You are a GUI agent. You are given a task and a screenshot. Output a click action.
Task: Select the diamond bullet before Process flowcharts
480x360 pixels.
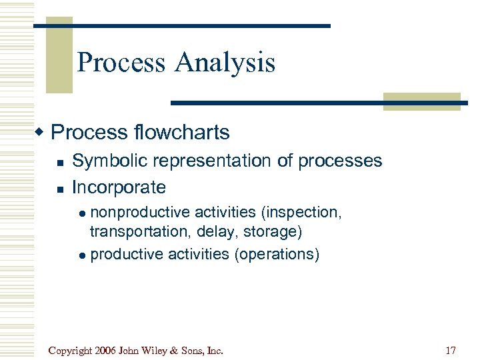[41, 131]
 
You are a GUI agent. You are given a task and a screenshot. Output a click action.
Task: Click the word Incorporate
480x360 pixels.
[119, 187]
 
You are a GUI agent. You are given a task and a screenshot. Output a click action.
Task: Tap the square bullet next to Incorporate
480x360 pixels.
[60, 189]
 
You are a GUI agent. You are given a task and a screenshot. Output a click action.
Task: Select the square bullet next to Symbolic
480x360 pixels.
[60, 163]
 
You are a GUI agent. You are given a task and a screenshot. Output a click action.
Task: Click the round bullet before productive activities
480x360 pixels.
[83, 255]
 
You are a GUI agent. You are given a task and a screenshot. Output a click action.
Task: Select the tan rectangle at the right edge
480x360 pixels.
[421, 101]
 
